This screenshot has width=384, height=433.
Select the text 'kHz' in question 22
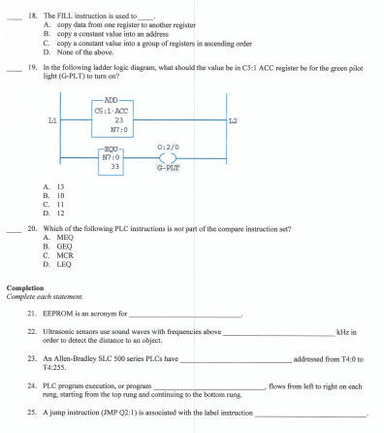tap(346, 332)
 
